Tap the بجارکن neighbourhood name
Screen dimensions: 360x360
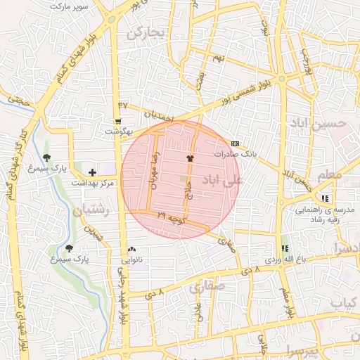145,33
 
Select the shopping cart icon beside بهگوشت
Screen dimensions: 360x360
117,122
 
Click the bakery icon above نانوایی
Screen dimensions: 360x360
132,250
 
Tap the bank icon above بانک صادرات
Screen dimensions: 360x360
234,143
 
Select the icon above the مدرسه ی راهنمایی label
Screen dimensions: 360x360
324,199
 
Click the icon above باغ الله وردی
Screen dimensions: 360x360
285,248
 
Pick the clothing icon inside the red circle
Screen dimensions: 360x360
190,159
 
